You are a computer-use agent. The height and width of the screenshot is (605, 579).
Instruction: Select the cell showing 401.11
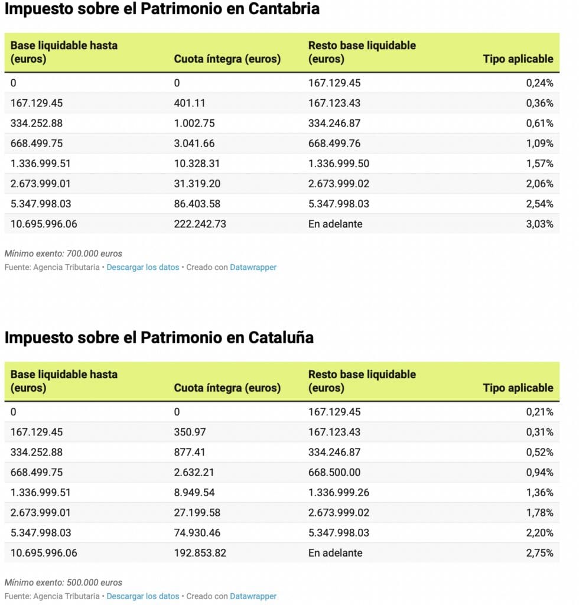[190, 103]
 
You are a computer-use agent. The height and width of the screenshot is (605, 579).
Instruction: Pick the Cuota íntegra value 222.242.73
[200, 224]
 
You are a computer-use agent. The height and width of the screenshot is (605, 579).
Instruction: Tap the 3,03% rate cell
[539, 224]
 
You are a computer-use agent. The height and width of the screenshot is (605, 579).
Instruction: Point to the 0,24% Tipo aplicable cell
[539, 83]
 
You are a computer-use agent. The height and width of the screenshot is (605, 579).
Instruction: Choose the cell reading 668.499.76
[334, 144]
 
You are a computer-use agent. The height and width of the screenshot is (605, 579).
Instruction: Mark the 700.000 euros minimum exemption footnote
[63, 253]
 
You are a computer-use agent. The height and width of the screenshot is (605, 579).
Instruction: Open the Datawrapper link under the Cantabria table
[253, 267]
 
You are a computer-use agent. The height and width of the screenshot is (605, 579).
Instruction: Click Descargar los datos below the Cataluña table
[142, 596]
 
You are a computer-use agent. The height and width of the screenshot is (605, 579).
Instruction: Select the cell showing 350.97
[190, 432]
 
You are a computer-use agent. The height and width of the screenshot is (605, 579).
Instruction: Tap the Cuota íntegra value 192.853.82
[200, 553]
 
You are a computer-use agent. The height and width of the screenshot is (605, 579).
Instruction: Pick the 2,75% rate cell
[539, 553]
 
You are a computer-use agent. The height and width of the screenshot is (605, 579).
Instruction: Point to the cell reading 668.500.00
[334, 473]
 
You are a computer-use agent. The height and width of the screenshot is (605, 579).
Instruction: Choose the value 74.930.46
[197, 533]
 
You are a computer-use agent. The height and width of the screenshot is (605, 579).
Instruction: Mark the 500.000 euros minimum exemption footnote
[63, 583]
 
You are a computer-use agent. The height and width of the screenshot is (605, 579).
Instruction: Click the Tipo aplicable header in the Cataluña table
[518, 388]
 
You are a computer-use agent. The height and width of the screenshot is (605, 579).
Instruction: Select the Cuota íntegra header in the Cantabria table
[227, 59]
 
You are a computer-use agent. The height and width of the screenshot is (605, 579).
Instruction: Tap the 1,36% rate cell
[539, 493]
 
